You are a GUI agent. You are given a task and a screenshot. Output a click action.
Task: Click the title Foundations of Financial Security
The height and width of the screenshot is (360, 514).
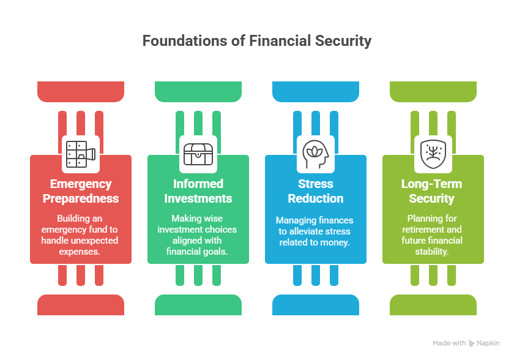point(256,41)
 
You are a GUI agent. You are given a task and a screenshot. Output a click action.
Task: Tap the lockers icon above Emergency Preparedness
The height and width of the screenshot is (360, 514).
point(81,154)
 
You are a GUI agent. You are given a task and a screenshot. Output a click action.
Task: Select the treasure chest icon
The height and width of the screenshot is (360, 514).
point(198,154)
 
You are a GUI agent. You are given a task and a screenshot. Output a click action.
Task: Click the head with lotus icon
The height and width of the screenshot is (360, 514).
point(315,154)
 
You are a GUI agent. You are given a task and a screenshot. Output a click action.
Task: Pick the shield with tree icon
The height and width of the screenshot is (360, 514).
point(433,154)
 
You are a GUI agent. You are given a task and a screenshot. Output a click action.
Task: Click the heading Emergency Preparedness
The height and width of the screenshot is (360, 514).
point(81,191)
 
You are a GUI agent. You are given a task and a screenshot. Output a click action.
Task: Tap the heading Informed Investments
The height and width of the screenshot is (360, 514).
point(198,191)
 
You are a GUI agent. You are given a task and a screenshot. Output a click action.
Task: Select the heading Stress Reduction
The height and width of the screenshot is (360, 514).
point(315,191)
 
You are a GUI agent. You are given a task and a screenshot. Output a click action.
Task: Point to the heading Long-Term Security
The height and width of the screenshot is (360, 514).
point(431,191)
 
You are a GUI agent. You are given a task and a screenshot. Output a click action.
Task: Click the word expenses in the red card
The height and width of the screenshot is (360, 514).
point(80,252)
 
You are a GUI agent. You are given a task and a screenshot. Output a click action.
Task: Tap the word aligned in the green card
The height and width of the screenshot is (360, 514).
point(197,241)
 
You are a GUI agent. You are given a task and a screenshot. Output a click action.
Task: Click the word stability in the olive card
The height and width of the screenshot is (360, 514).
point(432,252)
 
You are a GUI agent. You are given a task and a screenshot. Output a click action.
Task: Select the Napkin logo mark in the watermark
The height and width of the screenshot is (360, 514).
point(471,343)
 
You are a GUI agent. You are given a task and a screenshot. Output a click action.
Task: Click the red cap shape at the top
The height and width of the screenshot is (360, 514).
point(81,91)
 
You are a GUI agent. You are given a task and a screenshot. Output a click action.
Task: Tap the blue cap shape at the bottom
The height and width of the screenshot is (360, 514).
point(315,305)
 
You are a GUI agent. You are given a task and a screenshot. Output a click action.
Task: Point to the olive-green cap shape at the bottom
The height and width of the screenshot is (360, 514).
point(433,305)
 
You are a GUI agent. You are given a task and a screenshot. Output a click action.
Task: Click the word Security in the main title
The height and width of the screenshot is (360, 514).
point(343,41)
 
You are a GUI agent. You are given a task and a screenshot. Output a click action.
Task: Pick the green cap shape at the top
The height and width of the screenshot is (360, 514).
point(198,91)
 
